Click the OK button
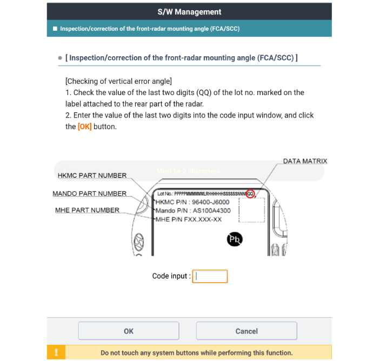click(x=129, y=331)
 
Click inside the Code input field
click(x=210, y=276)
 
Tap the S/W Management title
click(x=189, y=11)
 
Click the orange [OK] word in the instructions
click(x=84, y=126)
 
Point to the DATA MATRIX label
click(x=305, y=161)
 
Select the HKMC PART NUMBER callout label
click(x=92, y=175)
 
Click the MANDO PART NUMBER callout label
click(x=89, y=193)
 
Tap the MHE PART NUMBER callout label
click(x=87, y=210)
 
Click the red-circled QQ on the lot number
click(x=250, y=193)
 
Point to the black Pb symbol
click(x=235, y=239)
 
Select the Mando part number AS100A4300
click(x=211, y=211)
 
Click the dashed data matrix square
click(x=251, y=210)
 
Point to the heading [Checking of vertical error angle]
click(x=118, y=81)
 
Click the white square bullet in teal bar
click(x=55, y=29)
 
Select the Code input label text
click(x=170, y=276)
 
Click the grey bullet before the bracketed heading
click(x=61, y=58)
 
